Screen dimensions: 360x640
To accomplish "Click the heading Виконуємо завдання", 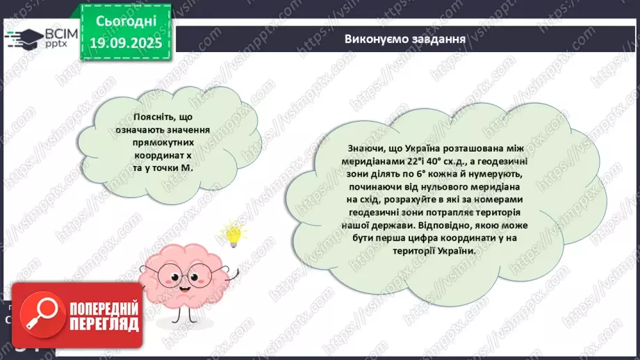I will click(405, 38).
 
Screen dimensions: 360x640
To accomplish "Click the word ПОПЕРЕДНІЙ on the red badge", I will click(103, 309).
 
